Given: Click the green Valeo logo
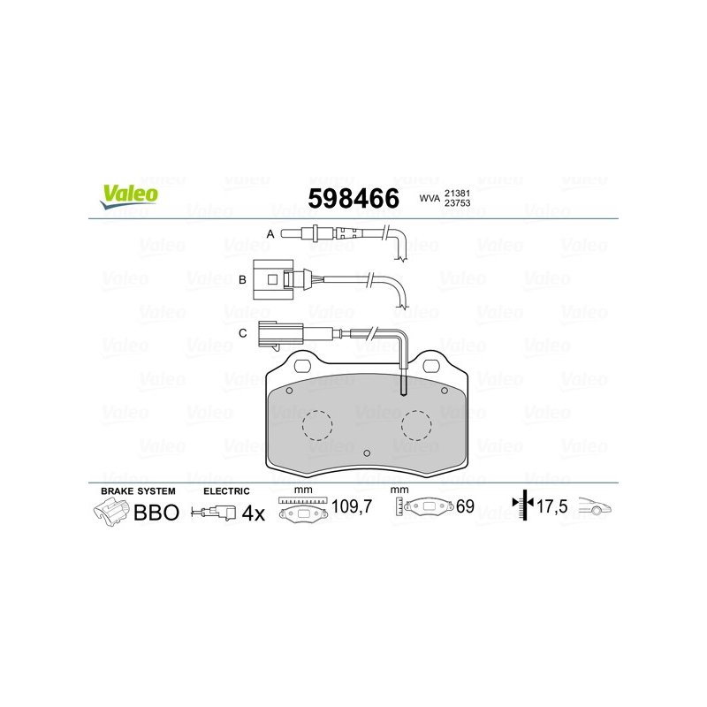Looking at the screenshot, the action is pos(129,196).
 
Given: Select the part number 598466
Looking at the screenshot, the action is pos(353,198).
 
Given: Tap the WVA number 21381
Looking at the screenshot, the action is pos(457,193).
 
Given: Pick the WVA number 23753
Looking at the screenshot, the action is pos(457,203).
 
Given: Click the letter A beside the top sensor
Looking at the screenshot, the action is pos(270,234).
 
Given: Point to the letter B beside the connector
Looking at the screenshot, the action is pos(242,279).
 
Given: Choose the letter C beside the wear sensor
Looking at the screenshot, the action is pos(242,333).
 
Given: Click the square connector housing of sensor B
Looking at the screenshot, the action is pos(273,279).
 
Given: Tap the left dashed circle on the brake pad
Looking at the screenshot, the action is pos(317,425).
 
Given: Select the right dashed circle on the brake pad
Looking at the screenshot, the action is pos(416,425).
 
